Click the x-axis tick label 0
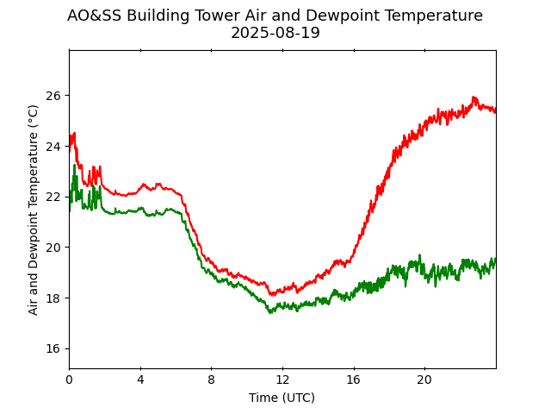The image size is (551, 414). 69,379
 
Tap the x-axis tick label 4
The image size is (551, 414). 140,379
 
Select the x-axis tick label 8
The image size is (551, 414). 211,379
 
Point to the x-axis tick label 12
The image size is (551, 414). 282,379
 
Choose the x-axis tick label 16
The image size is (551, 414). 353,379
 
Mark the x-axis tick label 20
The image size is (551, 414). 424,379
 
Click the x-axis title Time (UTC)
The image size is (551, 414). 282,398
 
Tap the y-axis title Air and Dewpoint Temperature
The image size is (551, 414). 34,210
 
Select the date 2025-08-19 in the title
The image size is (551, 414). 275,34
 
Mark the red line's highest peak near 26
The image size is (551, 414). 474,97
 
